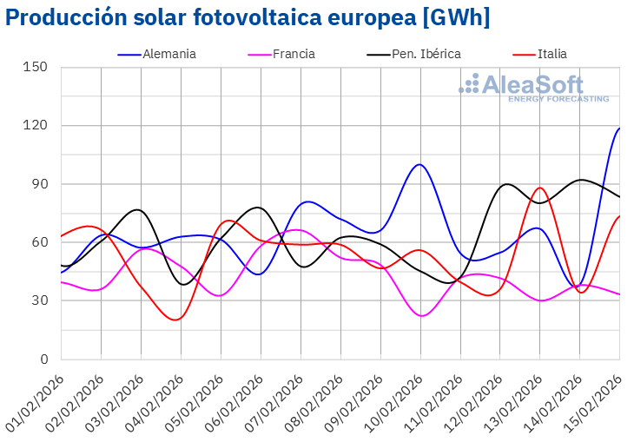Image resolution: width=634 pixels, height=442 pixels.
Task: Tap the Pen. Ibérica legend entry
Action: [413, 54]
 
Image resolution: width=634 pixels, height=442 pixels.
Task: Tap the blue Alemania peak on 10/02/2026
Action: [419, 164]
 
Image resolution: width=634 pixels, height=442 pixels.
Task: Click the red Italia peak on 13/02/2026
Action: [539, 188]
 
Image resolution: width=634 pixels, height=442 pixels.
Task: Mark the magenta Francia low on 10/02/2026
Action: [421, 315]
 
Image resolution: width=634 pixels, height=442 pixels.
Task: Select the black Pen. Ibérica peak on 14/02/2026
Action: [580, 180]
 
